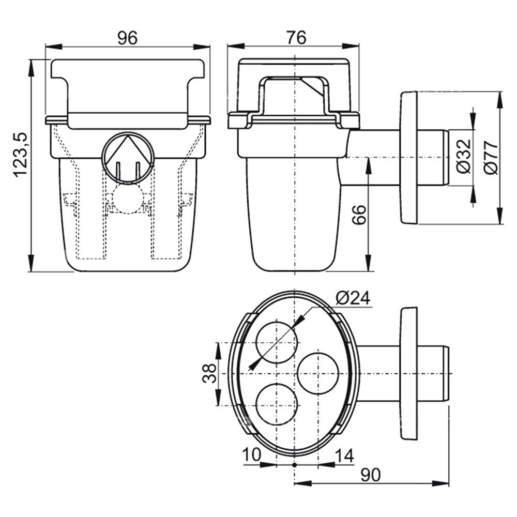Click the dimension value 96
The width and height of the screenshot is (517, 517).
point(127,38)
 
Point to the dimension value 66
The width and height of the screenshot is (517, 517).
point(360,216)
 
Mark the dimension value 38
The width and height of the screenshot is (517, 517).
point(209,373)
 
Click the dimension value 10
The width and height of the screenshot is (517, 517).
point(252,455)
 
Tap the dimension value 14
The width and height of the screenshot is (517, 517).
point(344,455)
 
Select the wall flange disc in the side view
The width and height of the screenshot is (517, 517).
point(408,158)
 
